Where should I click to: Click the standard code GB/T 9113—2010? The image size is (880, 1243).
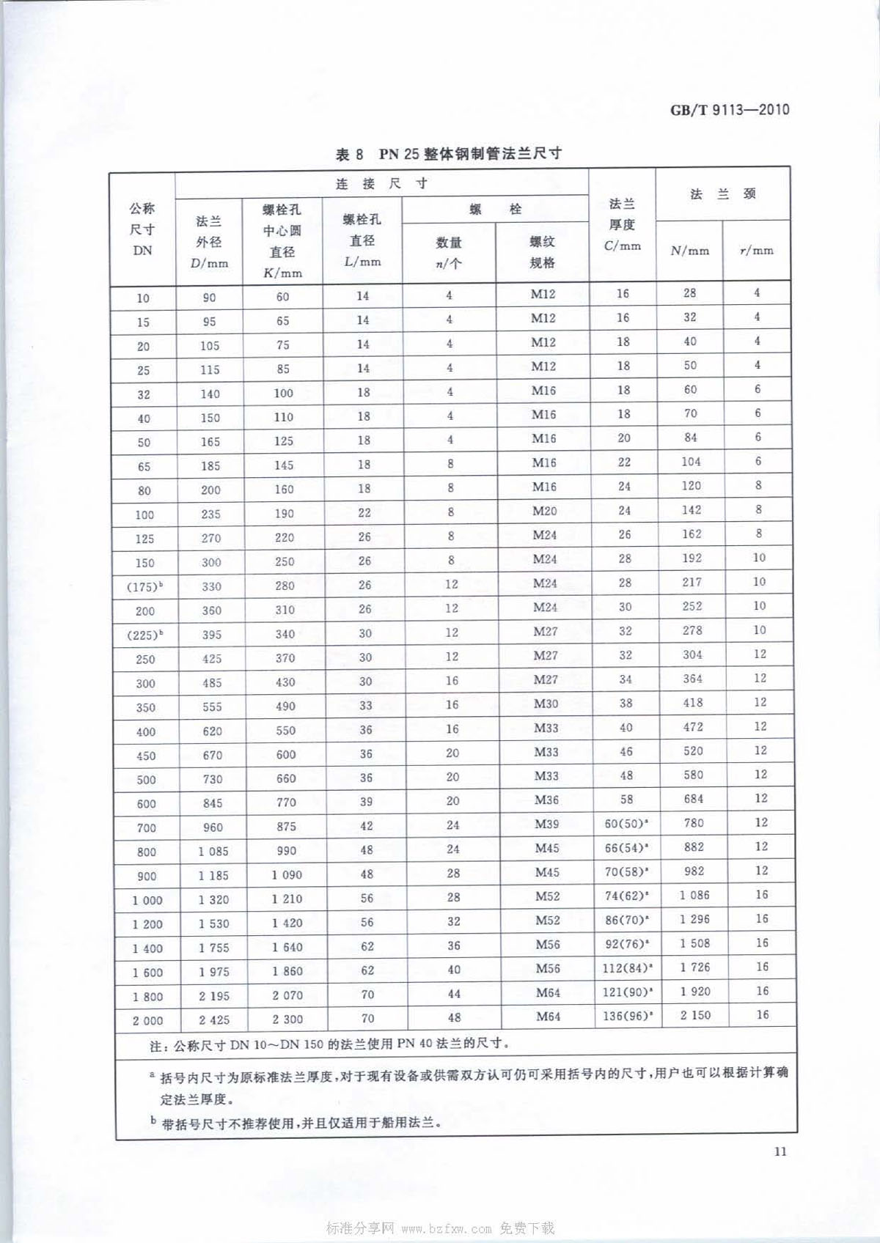coord(730,111)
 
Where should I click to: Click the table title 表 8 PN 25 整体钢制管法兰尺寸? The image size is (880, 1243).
coord(448,154)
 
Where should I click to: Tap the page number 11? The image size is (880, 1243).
coord(780,1151)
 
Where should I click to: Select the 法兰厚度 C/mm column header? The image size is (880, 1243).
coord(622,224)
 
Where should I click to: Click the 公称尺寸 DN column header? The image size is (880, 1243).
coord(142,229)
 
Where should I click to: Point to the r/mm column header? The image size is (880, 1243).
coord(757,251)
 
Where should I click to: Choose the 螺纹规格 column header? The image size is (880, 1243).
coord(542,251)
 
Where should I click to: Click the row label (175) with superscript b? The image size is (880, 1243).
coord(144,587)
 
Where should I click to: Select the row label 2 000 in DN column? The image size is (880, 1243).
coord(147,1021)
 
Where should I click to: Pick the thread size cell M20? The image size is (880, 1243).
coord(544,511)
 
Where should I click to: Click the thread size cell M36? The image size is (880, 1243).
coord(546,800)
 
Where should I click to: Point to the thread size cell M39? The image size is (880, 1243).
coord(546,824)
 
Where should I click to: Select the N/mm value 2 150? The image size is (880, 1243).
coord(695,1016)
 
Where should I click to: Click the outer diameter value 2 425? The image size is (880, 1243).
coord(214,1019)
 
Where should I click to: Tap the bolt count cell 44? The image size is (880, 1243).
coord(454,994)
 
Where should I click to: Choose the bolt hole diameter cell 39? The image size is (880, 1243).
coord(366,802)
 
